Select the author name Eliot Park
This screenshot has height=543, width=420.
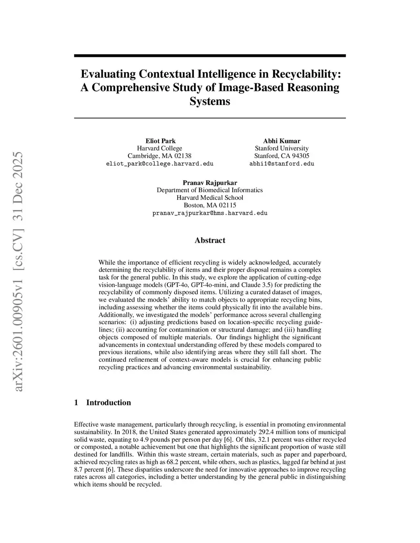160,141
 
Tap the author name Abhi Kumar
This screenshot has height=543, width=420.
281,141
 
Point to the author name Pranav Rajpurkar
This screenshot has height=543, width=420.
210,183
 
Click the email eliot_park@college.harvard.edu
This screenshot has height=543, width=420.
160,164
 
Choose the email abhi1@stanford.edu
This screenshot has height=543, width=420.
281,164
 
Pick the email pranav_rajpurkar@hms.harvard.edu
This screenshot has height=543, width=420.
210,213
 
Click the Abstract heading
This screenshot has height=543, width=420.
210,240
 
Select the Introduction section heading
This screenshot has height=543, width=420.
108,402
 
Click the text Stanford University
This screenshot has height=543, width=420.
281,148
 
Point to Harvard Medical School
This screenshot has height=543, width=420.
210,198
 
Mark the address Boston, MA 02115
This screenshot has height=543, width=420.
210,205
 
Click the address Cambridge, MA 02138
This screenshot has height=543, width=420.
160,156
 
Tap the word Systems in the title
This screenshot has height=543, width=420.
210,101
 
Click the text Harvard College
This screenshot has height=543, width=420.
160,148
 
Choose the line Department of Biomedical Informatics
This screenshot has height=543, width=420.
210,190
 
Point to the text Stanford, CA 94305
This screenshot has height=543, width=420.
281,156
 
